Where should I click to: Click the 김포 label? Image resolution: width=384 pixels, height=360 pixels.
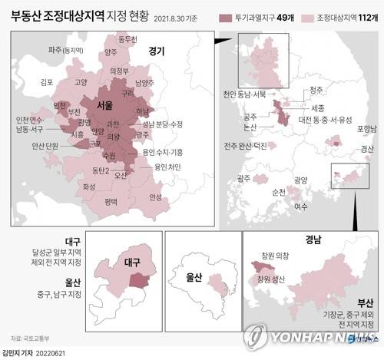point(46,81)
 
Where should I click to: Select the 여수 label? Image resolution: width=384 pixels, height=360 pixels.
point(300,206)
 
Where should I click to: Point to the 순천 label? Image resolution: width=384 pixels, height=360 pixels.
point(278,191)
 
